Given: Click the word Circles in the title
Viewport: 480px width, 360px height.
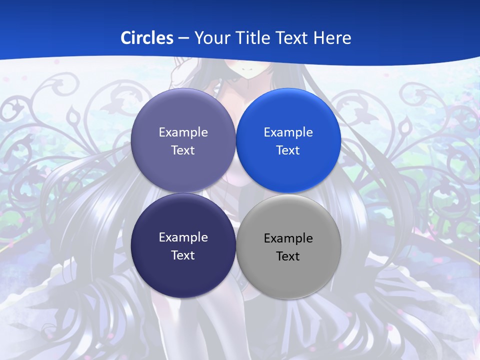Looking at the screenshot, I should pos(147,38).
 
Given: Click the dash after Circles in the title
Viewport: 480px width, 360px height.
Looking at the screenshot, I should pos(183,38).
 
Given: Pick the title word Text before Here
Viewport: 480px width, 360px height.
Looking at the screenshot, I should pos(295,38).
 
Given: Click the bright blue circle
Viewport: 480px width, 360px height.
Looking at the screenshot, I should pos(288,140).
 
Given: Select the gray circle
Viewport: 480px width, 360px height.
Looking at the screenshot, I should pos(288,246).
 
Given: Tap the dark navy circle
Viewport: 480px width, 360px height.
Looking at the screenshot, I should pos(183,245).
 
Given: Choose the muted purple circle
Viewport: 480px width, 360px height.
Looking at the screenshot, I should pos(183,140).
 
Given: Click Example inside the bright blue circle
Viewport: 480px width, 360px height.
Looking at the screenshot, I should pos(288,132).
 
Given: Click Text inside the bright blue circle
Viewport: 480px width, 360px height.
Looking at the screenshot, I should pos(288,150).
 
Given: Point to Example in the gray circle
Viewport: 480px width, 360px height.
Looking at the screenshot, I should pos(288,238).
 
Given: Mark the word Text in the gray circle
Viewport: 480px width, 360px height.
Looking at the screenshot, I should pos(288,256).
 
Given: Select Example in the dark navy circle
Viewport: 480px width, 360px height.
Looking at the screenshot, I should pos(183,237).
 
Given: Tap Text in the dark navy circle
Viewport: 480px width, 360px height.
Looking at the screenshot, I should pos(183,255).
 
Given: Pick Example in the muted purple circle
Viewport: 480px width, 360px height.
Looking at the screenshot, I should pos(183,132).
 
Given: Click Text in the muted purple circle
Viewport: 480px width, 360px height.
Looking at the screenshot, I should pos(183,150).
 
